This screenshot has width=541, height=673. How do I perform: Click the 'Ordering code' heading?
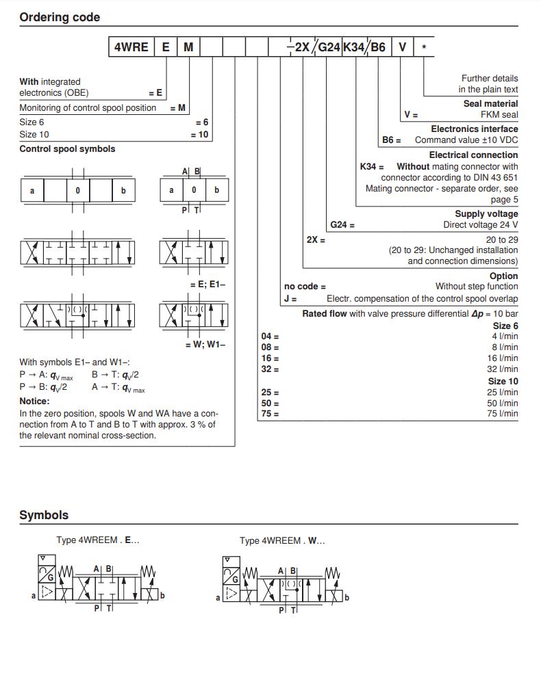point(60,17)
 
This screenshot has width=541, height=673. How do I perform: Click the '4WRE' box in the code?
point(130,47)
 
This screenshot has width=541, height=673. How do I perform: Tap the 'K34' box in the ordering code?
point(354,47)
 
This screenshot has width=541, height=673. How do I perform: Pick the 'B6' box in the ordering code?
point(379,47)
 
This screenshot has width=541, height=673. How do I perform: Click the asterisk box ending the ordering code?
point(425,47)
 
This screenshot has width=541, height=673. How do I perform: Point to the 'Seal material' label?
point(490,104)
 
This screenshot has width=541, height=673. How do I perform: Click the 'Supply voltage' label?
point(486,214)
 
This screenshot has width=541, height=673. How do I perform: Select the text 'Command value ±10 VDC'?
point(466,140)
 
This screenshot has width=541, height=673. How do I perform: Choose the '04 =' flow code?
point(270,336)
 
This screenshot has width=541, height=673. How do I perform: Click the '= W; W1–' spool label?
point(205,345)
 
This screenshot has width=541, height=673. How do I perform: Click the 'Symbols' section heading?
point(44,515)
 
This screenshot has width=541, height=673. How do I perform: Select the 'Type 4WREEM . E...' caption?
point(98,540)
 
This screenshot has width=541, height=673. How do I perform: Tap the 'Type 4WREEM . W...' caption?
point(282,541)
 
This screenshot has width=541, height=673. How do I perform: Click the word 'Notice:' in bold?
point(34,401)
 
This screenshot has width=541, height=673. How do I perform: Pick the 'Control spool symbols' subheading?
point(67,149)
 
